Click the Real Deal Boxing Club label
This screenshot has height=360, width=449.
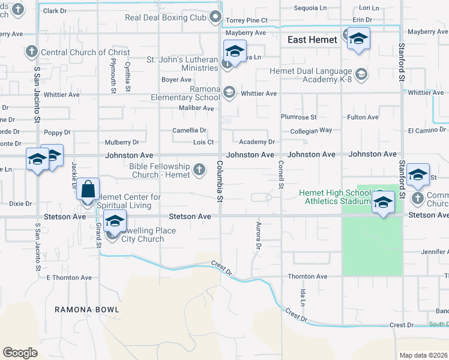[x=165, y=17]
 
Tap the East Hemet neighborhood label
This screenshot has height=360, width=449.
[x=312, y=40]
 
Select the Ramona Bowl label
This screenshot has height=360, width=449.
[x=87, y=310]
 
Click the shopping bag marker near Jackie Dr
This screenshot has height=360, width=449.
[x=88, y=189]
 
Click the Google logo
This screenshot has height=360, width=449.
[x=20, y=353]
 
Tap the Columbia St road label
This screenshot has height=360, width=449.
[x=220, y=181]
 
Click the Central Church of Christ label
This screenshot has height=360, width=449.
[x=85, y=52]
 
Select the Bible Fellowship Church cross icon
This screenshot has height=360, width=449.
[x=200, y=170]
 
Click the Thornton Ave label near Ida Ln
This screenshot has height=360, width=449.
[x=307, y=277]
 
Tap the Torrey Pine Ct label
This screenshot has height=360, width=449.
[x=246, y=20]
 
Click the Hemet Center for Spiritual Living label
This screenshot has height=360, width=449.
[x=129, y=201]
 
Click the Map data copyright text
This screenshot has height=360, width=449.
[x=423, y=355]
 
